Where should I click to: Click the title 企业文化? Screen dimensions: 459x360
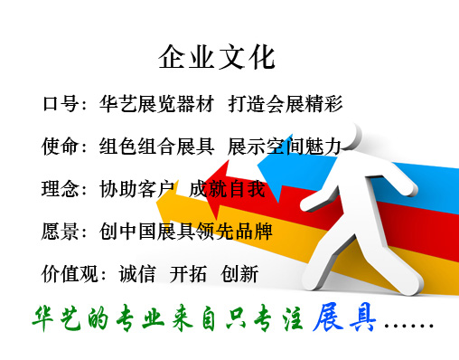click(x=217, y=57)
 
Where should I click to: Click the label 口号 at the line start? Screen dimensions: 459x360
click(x=61, y=104)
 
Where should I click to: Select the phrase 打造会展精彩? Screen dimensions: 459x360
click(x=286, y=104)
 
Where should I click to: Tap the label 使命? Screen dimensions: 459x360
click(x=60, y=147)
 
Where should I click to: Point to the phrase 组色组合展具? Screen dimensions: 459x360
click(x=156, y=147)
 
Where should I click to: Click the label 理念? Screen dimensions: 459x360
click(x=60, y=189)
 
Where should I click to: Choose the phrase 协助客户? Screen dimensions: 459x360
click(x=137, y=189)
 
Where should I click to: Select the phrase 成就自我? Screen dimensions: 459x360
click(x=227, y=189)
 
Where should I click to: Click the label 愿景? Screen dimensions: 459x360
click(x=60, y=232)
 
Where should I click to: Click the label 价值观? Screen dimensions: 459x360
click(x=70, y=274)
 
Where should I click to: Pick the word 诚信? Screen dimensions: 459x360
click(x=137, y=274)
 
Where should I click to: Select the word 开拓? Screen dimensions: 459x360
click(x=188, y=274)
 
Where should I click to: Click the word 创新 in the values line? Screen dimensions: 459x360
click(x=239, y=274)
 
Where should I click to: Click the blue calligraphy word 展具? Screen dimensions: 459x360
click(x=344, y=318)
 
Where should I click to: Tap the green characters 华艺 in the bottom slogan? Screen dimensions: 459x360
click(x=57, y=318)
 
